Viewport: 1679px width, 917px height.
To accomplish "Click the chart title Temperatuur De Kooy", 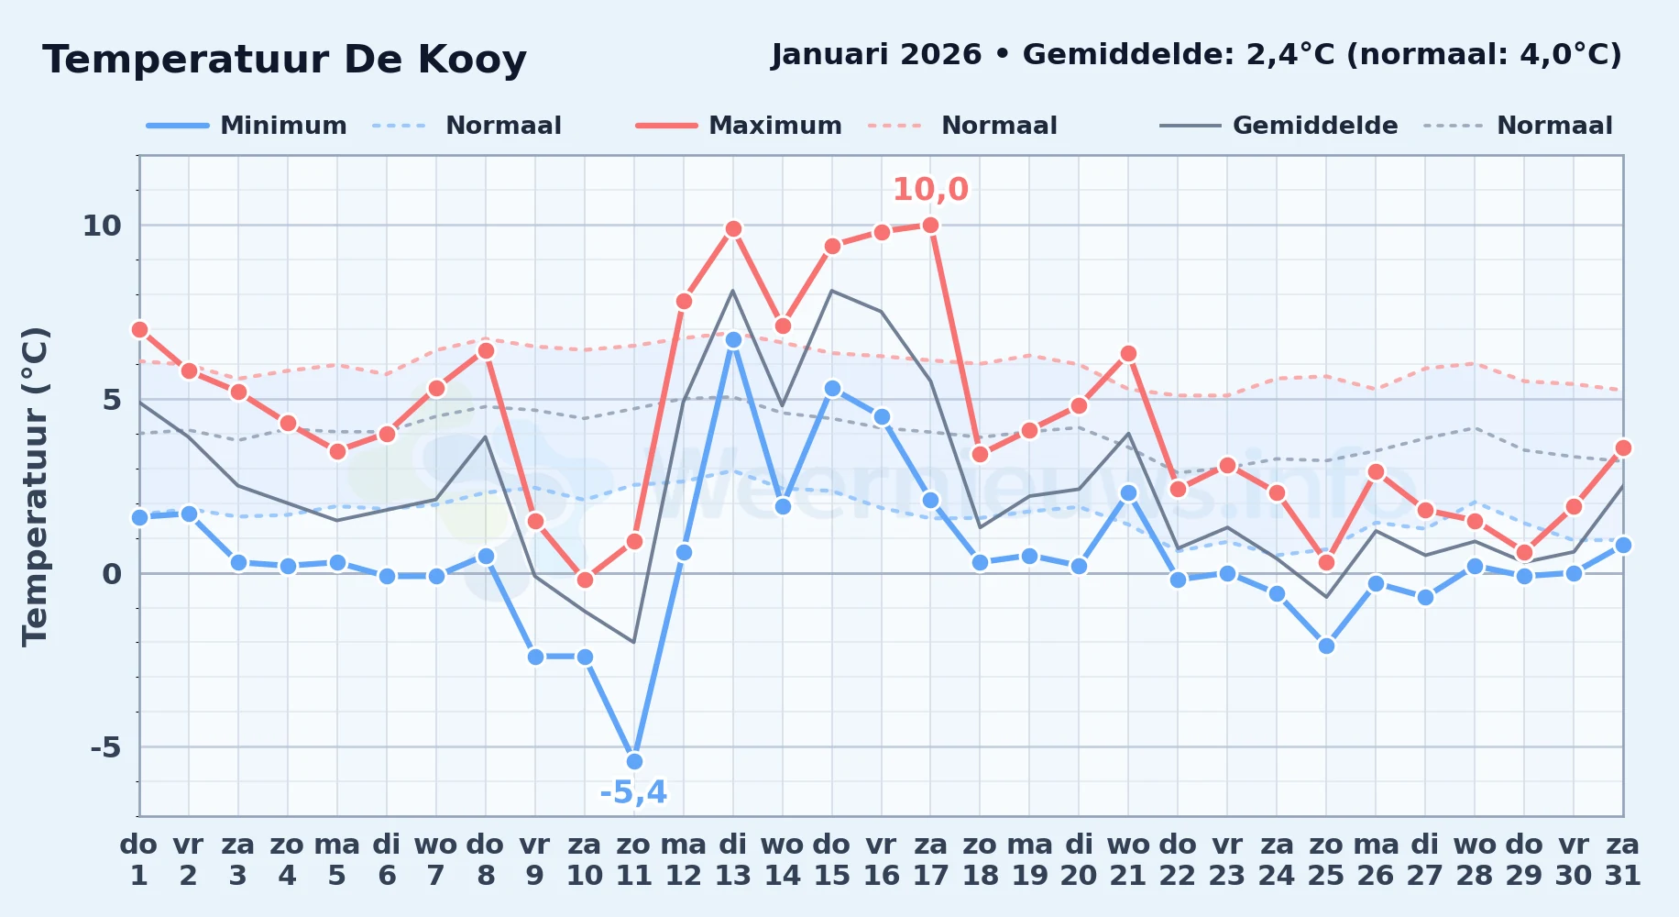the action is (x=284, y=60).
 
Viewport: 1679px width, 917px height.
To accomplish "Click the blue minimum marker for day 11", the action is (x=634, y=761).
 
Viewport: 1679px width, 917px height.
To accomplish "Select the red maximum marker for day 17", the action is (x=930, y=225).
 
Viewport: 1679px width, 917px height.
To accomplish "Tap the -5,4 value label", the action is (x=633, y=792).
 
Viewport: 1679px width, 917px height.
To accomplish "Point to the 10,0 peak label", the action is (x=930, y=189).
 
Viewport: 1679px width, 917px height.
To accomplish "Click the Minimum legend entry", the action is (x=247, y=126).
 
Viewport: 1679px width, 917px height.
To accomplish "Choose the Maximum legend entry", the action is (x=739, y=126).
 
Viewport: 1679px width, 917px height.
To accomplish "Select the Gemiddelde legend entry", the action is (x=1279, y=126).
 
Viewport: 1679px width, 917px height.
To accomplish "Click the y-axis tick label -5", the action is (x=105, y=747).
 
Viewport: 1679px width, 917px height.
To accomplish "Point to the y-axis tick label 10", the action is (x=102, y=226).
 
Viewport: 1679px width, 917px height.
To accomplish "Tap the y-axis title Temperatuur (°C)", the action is (x=35, y=486).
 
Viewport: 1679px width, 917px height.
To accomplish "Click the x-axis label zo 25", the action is (x=1325, y=860).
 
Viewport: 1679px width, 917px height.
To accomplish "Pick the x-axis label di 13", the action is (x=733, y=860).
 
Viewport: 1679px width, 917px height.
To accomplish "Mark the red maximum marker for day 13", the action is (x=733, y=228).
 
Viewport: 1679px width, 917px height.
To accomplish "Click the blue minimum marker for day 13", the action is (x=733, y=339).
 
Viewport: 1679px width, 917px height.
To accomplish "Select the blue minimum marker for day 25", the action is (x=1326, y=646).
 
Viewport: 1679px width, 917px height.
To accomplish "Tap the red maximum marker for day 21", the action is (x=1128, y=353).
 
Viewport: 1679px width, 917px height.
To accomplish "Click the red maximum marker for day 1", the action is (x=139, y=329).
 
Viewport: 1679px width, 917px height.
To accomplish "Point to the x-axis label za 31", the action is (x=1622, y=860).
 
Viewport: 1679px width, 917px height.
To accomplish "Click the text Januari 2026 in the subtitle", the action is (x=876, y=54).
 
